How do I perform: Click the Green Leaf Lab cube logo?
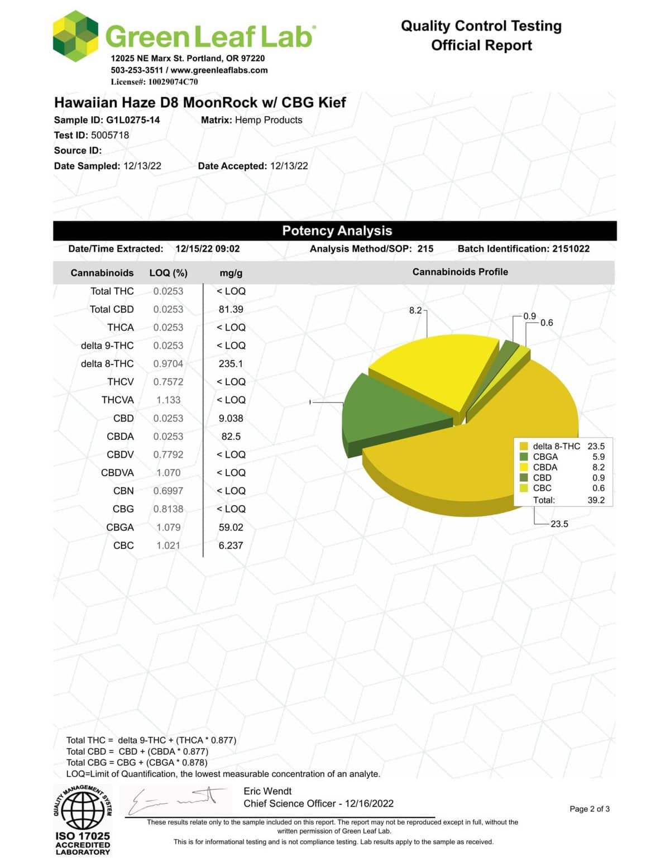click(x=75, y=36)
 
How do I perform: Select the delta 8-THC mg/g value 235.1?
click(x=231, y=363)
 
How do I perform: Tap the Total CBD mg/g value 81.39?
click(x=231, y=309)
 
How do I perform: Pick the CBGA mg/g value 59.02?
click(x=231, y=527)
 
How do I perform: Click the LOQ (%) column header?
click(x=168, y=273)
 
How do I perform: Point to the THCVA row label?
click(x=118, y=400)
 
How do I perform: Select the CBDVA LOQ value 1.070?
click(x=168, y=473)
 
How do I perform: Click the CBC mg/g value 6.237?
click(x=231, y=545)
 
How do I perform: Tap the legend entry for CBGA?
click(x=545, y=457)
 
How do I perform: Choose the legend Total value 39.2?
click(x=596, y=500)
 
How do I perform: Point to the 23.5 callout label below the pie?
click(x=559, y=524)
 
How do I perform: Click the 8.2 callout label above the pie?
click(x=415, y=310)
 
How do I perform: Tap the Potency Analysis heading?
click(x=337, y=231)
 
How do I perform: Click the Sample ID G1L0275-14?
click(x=132, y=120)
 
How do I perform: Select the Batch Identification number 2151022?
click(x=571, y=249)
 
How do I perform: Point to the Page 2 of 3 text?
click(x=589, y=809)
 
